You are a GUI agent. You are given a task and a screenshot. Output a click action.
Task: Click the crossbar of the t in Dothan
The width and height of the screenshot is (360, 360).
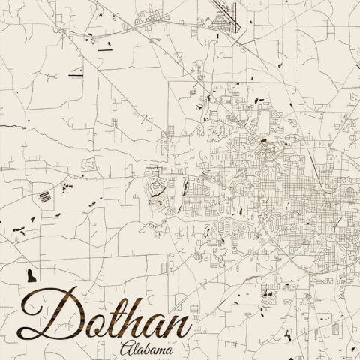pyautogui.click(x=107, y=306)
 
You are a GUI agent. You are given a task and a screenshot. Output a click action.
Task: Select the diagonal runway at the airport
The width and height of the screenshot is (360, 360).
pyautogui.click(x=226, y=16)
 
